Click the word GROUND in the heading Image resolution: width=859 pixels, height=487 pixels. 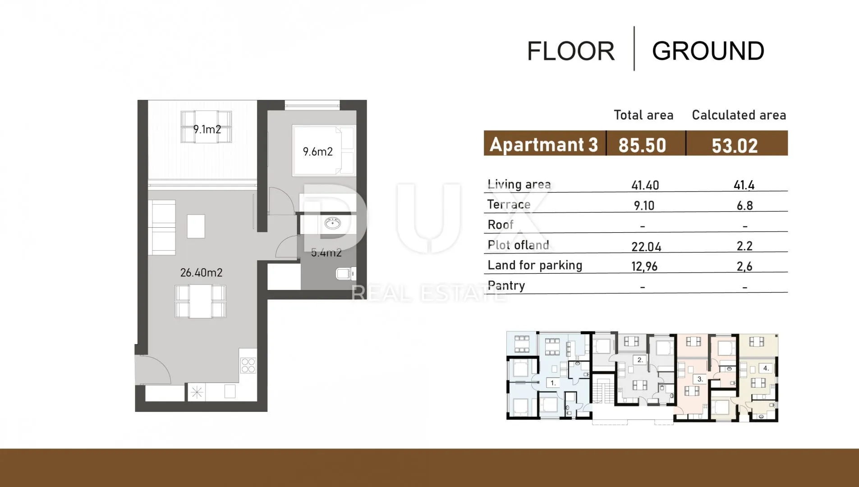tap(708, 51)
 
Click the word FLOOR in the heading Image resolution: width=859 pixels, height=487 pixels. tap(571, 51)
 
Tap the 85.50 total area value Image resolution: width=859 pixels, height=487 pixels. tap(642, 145)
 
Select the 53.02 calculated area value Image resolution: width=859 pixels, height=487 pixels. tap(735, 146)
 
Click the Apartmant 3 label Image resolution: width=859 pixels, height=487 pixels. tap(544, 145)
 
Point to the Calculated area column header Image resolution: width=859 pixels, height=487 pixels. tap(739, 115)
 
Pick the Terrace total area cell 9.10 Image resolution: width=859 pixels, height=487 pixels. tap(644, 206)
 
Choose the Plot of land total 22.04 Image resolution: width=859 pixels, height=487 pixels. tap(646, 247)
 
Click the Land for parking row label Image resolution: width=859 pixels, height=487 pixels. tap(535, 265)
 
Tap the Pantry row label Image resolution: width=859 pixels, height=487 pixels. tap(506, 285)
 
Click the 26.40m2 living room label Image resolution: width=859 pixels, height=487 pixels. tap(201, 272)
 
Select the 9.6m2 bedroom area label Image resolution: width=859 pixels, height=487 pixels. tap(318, 152)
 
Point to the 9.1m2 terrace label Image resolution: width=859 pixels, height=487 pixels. tap(207, 129)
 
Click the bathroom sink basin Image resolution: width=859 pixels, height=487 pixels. tap(333, 223)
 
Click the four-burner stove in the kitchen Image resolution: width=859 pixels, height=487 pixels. tap(248, 365)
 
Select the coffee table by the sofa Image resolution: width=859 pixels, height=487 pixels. tap(196, 226)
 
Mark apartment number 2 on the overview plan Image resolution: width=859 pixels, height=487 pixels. tap(640, 360)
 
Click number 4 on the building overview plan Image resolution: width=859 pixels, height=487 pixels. tap(766, 368)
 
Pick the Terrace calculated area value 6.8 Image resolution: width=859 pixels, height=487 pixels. tap(744, 206)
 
